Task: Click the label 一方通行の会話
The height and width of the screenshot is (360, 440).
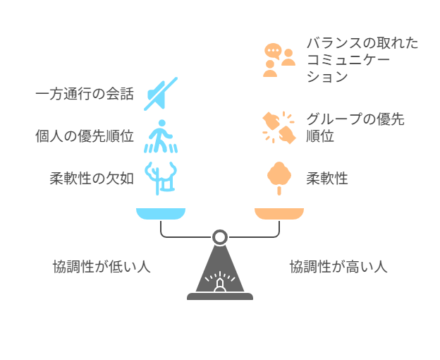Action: point(85,94)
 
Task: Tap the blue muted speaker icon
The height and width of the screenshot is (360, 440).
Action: point(161,94)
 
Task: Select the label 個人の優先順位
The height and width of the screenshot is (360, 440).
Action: point(85,136)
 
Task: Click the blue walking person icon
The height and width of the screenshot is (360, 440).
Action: point(161,136)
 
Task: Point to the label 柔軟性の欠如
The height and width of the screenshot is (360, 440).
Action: point(92,179)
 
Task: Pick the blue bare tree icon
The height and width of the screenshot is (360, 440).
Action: point(161,179)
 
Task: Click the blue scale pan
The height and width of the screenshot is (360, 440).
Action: point(161,214)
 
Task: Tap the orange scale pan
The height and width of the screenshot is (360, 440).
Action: point(279,214)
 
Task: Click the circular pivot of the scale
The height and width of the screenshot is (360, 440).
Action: point(220,238)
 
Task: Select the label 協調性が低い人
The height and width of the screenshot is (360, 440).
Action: point(102,267)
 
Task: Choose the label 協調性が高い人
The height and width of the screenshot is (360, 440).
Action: point(338,267)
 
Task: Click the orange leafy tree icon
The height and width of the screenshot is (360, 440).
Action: point(279,179)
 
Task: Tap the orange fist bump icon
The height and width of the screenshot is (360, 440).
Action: point(279,128)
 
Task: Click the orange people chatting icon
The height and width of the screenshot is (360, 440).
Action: point(279,60)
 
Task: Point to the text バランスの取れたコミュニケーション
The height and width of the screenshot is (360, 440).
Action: point(362,60)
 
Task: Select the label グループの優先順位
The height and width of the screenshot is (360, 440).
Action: point(355,128)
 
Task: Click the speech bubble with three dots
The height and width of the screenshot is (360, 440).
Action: point(273,51)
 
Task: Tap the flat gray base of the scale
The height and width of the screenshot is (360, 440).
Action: point(220,296)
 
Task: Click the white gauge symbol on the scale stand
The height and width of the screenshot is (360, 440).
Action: point(220,282)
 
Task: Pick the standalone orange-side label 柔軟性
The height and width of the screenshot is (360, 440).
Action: point(327,179)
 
